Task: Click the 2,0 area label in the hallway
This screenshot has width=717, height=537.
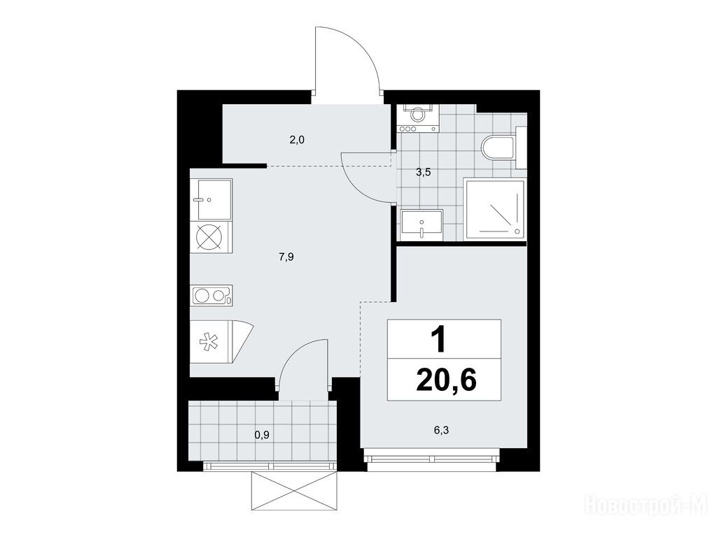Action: point(297,140)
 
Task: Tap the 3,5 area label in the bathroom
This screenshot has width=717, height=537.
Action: point(424,172)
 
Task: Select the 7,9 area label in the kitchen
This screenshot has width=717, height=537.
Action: point(286,257)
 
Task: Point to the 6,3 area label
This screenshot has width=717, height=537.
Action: point(441,430)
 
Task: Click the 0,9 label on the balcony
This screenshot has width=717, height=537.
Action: point(262,435)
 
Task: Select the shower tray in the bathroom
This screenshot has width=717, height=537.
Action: point(494,210)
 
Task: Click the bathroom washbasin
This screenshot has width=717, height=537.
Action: point(422,224)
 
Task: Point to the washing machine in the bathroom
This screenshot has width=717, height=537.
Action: point(417,118)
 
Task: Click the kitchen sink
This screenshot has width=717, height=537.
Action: point(211,199)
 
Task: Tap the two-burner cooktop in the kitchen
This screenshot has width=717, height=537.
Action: point(211,296)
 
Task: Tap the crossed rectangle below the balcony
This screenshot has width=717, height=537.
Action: point(295,491)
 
